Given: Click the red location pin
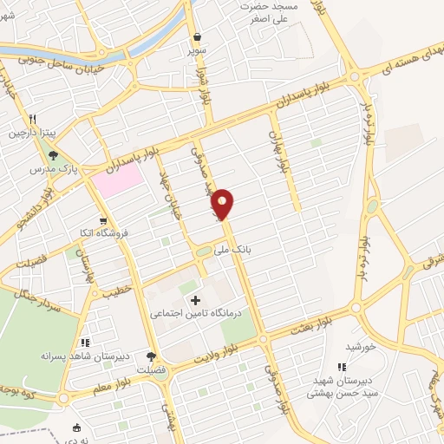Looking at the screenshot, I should click(223, 203).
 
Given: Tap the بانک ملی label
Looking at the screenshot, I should click(235, 248).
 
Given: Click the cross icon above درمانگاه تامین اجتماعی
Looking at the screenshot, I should click(195, 300).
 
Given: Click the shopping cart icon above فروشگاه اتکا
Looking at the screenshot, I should click(104, 221).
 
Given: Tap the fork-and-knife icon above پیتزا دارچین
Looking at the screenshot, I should click(31, 121).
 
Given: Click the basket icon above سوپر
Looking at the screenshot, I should click(198, 37).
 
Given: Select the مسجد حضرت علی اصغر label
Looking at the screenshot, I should click(273, 11).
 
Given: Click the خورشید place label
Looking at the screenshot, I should click(359, 346).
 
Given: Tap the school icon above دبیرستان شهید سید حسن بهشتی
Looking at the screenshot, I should click(341, 368).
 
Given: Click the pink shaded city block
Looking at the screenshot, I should click(119, 179).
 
